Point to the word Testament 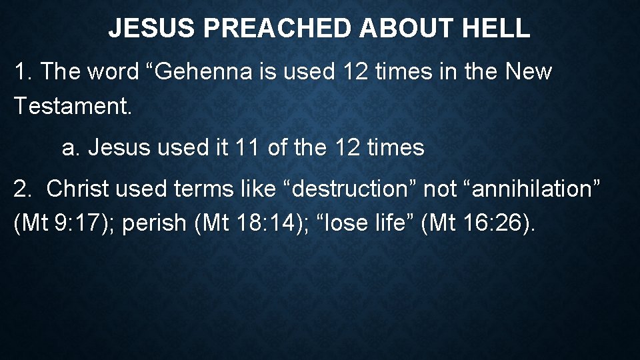click(73, 105)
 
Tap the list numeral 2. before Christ click(24, 189)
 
